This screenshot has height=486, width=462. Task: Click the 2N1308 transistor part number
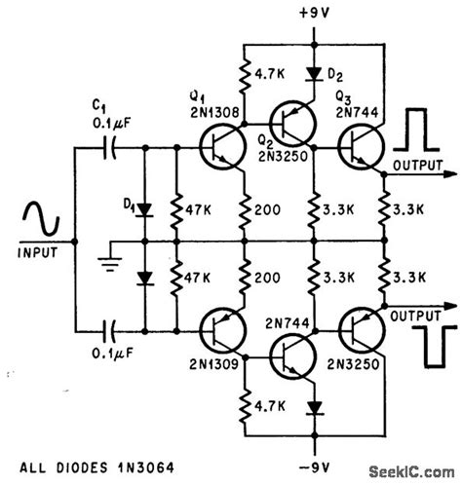pos(210,111)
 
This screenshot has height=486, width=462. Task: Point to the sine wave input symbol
pos(38,222)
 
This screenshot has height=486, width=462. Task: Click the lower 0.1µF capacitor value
pos(103,354)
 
